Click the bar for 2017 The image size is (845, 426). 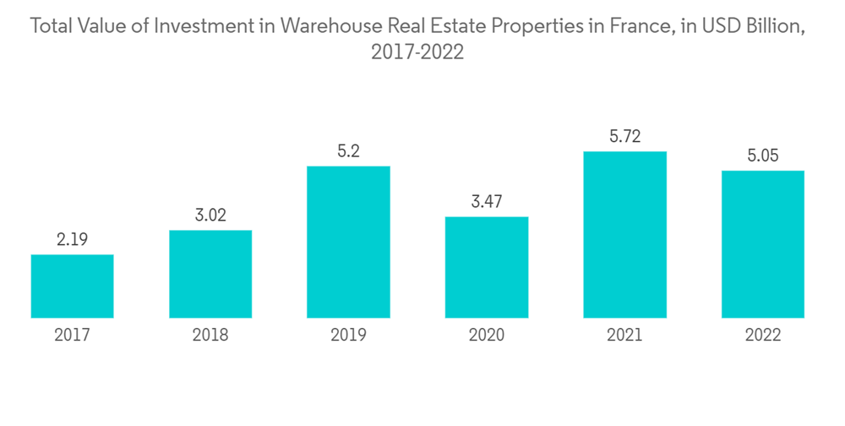tap(72, 287)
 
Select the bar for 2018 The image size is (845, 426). tap(210, 274)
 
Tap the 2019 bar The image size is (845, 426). tap(348, 242)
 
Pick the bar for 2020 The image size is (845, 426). tap(487, 267)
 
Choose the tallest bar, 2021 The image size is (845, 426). tap(624, 235)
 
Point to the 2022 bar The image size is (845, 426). tap(763, 244)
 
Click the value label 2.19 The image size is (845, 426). tap(72, 240)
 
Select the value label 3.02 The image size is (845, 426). tap(210, 216)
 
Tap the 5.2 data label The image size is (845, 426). tap(348, 151)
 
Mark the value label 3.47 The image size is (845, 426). tap(487, 202)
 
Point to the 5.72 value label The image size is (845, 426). tap(624, 136)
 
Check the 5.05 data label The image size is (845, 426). tap(763, 156)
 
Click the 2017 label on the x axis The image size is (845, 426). tap(72, 335)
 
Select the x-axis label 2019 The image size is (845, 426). tap(348, 335)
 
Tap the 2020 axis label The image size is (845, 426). tap(487, 335)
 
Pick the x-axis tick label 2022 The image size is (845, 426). tap(763, 335)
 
